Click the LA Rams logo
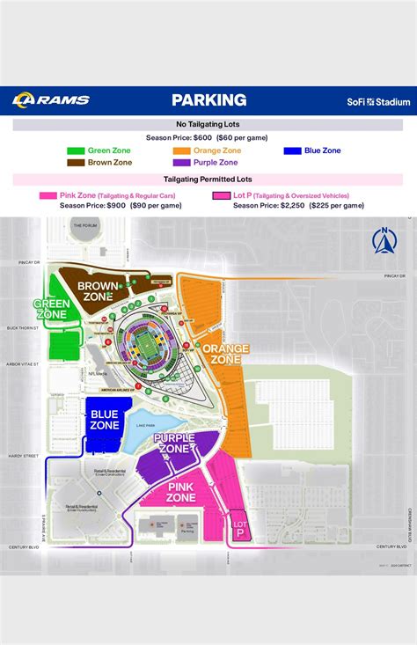(x=51, y=100)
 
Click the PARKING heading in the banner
(x=208, y=100)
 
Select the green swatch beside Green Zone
(x=76, y=150)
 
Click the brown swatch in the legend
(x=76, y=163)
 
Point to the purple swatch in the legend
(x=180, y=163)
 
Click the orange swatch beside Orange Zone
(x=180, y=150)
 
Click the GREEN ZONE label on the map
(x=52, y=310)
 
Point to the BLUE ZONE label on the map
(x=105, y=419)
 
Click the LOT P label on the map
(x=238, y=530)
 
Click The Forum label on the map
(x=84, y=226)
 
